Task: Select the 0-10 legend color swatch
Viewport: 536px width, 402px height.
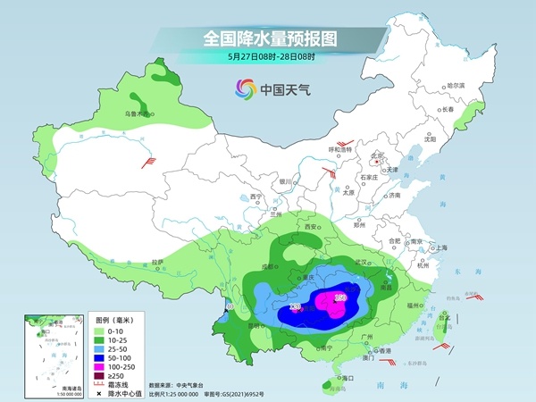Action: pyautogui.click(x=104, y=330)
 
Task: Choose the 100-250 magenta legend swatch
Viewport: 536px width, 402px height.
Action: pyautogui.click(x=104, y=366)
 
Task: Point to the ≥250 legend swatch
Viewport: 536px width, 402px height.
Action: pyautogui.click(x=104, y=376)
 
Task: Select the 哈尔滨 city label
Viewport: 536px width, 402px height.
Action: pyautogui.click(x=456, y=86)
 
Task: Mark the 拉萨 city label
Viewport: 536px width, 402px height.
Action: pyautogui.click(x=157, y=262)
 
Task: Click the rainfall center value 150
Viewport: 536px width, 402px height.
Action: pyautogui.click(x=339, y=297)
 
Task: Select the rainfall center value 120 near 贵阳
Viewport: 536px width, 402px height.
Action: pyautogui.click(x=296, y=308)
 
